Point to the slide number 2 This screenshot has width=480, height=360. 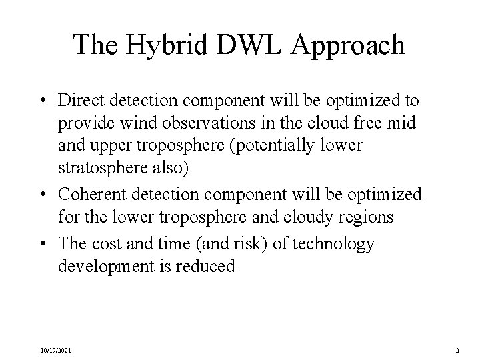pyautogui.click(x=457, y=349)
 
